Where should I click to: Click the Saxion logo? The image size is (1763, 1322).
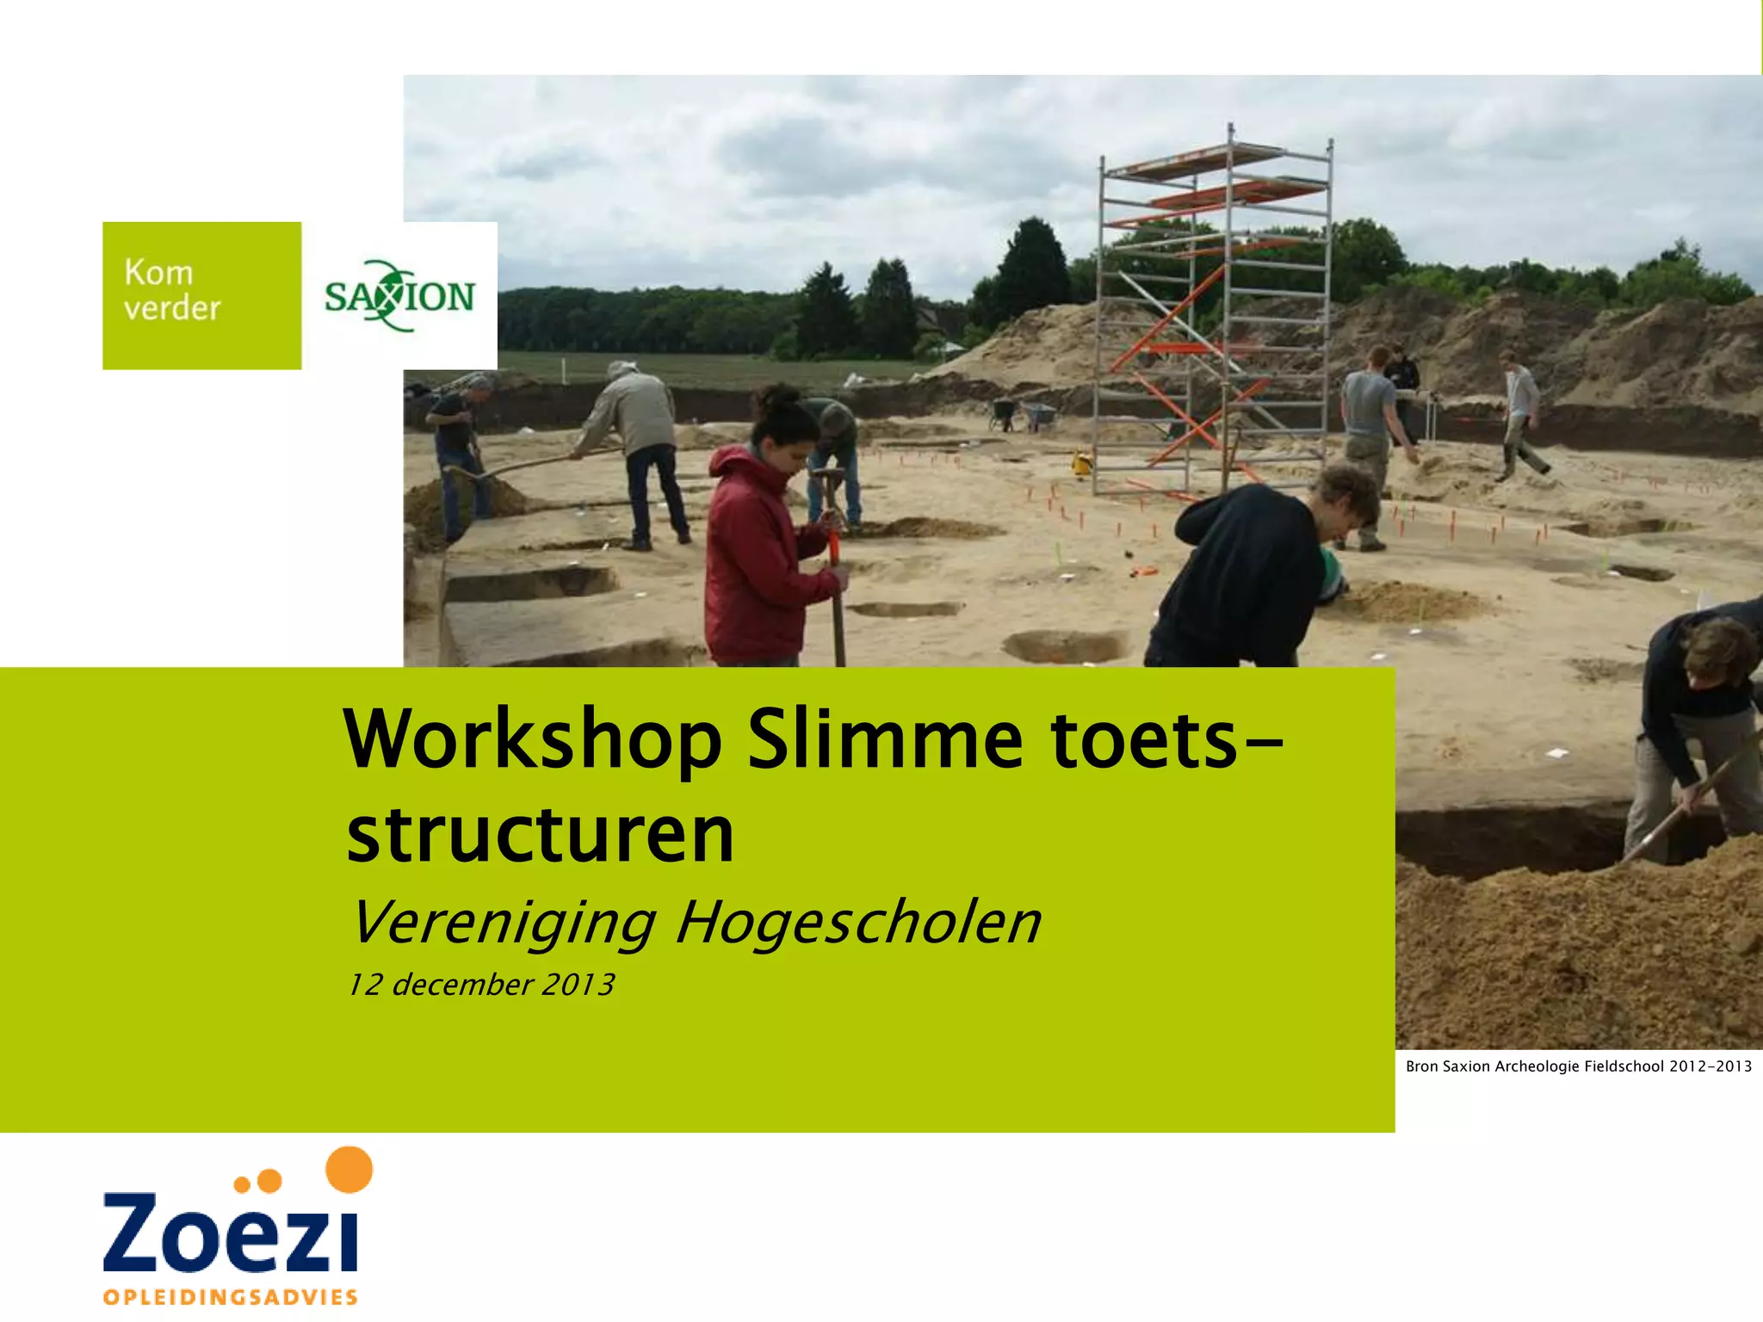tap(399, 296)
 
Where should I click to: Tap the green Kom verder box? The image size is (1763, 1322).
tap(201, 295)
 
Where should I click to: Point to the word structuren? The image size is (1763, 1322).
tap(541, 835)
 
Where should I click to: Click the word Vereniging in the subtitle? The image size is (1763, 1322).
tap(503, 923)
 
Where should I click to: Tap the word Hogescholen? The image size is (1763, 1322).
tap(858, 923)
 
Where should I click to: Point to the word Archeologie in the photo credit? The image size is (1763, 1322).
tap(1535, 1066)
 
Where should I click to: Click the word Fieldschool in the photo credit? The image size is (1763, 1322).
tap(1624, 1066)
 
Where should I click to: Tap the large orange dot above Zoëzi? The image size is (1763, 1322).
tap(350, 1170)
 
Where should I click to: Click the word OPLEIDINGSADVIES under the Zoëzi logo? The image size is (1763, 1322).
tap(230, 1297)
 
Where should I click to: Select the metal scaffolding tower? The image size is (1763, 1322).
tap(1214, 318)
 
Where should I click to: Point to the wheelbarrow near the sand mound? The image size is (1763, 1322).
tap(1037, 417)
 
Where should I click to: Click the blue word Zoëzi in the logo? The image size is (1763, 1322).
tap(230, 1231)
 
